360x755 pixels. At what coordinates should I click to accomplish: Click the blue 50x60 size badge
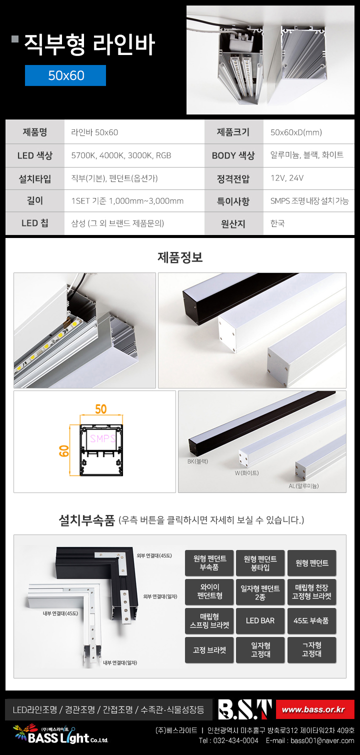point(65,75)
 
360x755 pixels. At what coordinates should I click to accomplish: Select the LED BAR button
point(260,620)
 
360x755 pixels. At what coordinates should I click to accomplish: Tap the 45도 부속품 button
point(311,620)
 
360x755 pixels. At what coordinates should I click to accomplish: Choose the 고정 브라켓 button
point(209,650)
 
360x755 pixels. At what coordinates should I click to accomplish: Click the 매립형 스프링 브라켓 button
point(209,620)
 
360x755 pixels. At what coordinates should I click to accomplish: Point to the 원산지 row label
point(233,223)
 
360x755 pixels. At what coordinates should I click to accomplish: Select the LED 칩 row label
point(34,223)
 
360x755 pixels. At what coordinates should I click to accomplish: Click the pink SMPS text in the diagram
point(102,438)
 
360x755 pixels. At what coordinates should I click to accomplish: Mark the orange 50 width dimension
point(101,409)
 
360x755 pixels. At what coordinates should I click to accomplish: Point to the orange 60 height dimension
point(63,451)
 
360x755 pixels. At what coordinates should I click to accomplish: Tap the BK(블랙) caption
point(197,461)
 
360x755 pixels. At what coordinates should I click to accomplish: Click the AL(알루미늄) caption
point(303,485)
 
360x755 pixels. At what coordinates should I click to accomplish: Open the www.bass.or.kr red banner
point(315,709)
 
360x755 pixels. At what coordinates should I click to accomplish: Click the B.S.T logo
point(244,709)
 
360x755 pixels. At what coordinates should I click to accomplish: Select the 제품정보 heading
point(180,257)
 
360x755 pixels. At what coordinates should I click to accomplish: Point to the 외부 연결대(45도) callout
point(154,556)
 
